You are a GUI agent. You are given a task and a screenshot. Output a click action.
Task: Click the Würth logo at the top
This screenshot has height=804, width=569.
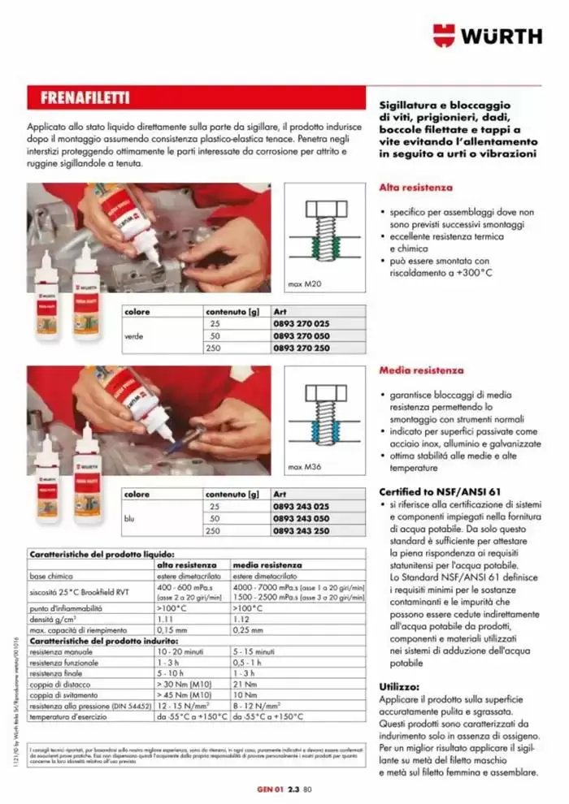coord(487,36)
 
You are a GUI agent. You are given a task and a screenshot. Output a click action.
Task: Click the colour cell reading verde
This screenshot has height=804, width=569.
coord(133,335)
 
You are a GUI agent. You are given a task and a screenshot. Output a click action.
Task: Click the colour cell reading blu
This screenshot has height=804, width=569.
coord(128,517)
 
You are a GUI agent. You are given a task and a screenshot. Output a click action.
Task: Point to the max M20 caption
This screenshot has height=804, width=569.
coord(302,284)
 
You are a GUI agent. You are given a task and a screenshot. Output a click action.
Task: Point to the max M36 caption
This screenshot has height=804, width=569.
coord(302,467)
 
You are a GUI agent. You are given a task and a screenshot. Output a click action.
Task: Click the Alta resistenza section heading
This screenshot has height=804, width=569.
coord(415,188)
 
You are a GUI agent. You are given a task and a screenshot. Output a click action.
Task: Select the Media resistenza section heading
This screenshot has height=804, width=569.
coord(419,370)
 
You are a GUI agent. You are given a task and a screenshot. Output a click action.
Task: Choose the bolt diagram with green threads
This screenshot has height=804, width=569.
coord(324,231)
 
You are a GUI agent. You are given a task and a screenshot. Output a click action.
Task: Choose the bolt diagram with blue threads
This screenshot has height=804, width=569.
coord(324,414)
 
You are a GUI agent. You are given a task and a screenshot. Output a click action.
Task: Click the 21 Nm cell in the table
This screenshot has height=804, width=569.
coord(245,684)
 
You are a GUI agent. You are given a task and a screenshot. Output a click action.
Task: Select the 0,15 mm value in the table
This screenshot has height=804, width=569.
coord(171,629)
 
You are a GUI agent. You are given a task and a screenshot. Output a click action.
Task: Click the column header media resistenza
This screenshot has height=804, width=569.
coord(267,564)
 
